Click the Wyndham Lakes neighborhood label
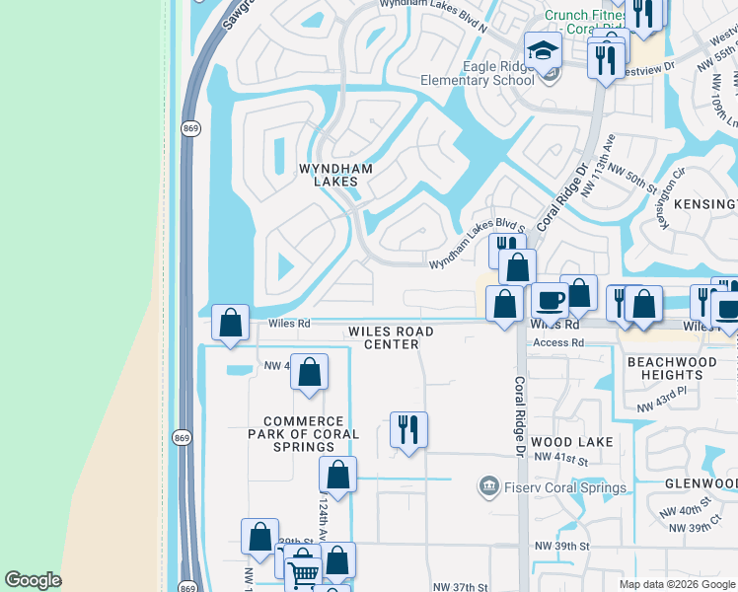click(335, 176)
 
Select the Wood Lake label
click(571, 442)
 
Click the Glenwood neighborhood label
click(700, 482)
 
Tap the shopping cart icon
click(304, 571)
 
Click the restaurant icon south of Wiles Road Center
click(408, 428)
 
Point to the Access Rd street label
click(558, 342)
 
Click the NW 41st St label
click(562, 460)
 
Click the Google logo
click(33, 580)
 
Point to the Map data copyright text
click(676, 584)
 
